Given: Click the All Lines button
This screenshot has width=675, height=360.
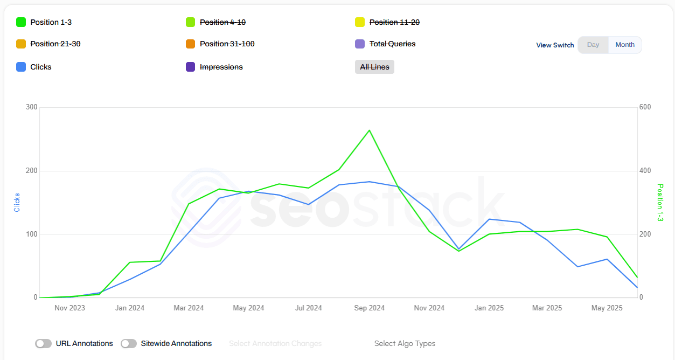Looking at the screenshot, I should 374,67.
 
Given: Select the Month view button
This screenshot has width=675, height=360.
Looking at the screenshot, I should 625,45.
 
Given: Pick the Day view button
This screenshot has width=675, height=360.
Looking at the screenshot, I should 593,45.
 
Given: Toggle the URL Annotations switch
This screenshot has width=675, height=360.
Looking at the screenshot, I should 44,343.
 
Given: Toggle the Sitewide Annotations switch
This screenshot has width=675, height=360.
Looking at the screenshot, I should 129,343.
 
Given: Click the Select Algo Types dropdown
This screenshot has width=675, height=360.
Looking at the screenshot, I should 405,343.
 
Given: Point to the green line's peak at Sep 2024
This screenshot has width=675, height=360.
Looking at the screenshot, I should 369,130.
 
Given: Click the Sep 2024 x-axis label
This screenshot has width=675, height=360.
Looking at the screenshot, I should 369,308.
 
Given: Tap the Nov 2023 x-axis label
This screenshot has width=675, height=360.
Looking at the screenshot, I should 69,308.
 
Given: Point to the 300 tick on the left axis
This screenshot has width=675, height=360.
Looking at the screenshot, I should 31,107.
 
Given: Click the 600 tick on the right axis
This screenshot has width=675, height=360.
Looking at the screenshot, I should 645,107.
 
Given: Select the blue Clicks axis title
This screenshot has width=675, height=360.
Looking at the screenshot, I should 17,202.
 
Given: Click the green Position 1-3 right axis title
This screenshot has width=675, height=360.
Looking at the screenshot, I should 660,203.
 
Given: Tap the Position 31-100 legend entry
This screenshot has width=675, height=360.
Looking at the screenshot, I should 227,44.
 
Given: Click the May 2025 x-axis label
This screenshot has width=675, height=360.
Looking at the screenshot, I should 607,308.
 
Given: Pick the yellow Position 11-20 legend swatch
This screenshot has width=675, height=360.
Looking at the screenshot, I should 360,22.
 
